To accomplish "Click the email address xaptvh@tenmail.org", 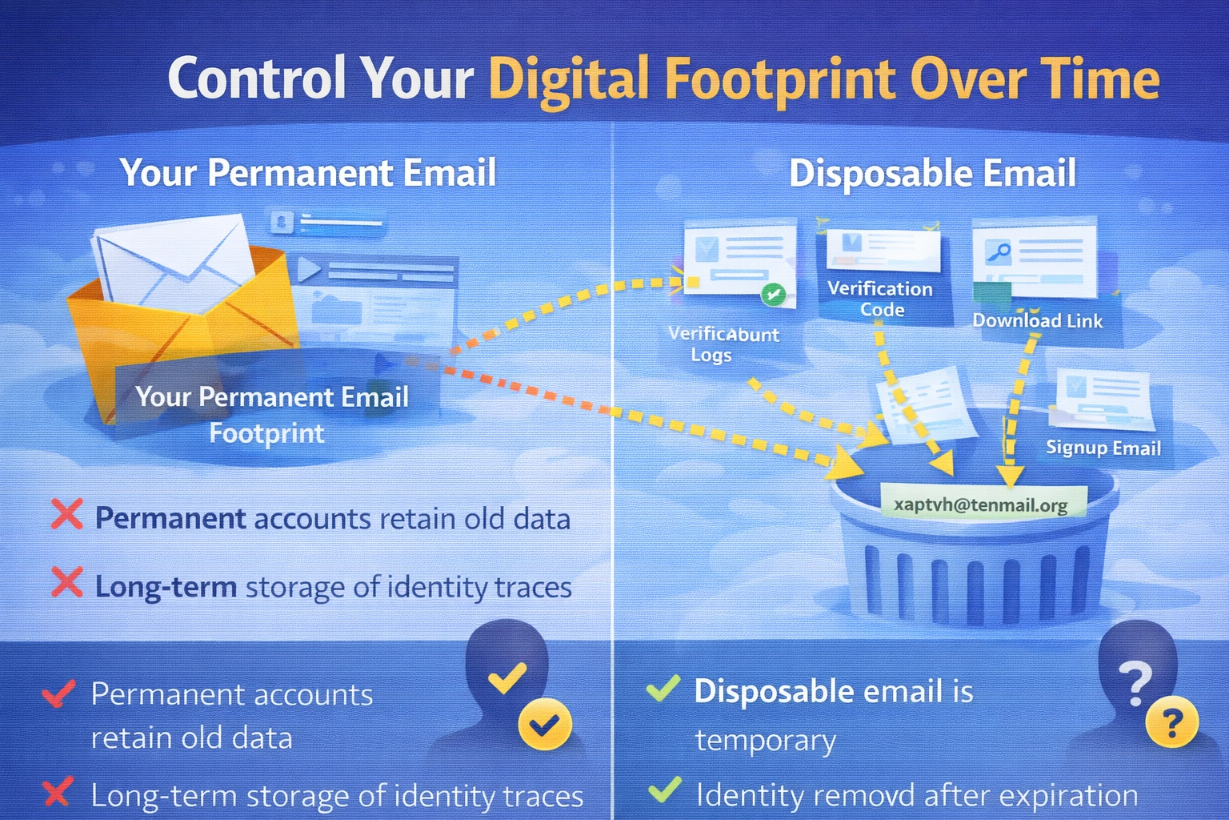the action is coord(981,505).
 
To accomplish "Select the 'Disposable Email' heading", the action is coord(932,174).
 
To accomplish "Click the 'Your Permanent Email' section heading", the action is coord(308,172).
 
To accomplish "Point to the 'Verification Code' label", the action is coord(880,299).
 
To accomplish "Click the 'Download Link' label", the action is coord(1038,321).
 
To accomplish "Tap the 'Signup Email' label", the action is coord(1103,448).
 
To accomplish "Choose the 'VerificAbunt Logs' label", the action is coord(723,344).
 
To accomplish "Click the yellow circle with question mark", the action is coord(1171,722).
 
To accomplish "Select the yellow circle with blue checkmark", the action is coord(545,725).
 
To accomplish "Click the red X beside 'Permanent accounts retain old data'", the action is coord(67,514).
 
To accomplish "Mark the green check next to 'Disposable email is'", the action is coord(663,688).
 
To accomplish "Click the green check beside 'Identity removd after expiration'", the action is coord(664,790).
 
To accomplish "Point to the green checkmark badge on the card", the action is coord(774,295).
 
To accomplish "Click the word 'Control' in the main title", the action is coord(257,77).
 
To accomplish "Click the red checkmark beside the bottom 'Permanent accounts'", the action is coord(58,693).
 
